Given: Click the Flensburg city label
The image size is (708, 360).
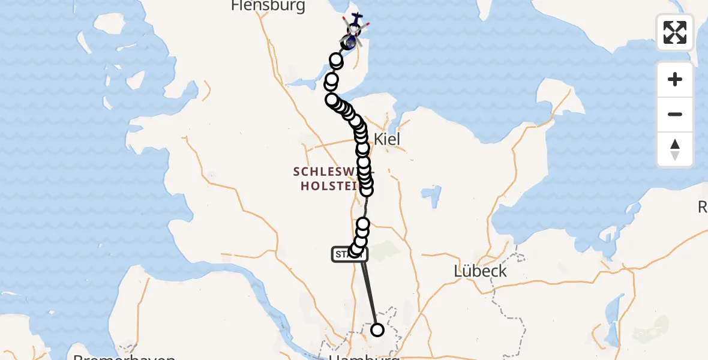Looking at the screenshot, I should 268,7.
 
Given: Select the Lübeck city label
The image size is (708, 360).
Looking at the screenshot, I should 480,271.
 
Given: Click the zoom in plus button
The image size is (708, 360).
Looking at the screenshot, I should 675,79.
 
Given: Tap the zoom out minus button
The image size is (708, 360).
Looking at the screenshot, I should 675,114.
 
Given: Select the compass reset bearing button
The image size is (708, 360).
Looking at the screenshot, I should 675,149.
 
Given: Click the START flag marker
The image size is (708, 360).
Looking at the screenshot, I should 343,254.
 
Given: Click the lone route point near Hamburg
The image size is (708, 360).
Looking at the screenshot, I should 377,329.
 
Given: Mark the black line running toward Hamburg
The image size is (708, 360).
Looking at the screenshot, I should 370,294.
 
